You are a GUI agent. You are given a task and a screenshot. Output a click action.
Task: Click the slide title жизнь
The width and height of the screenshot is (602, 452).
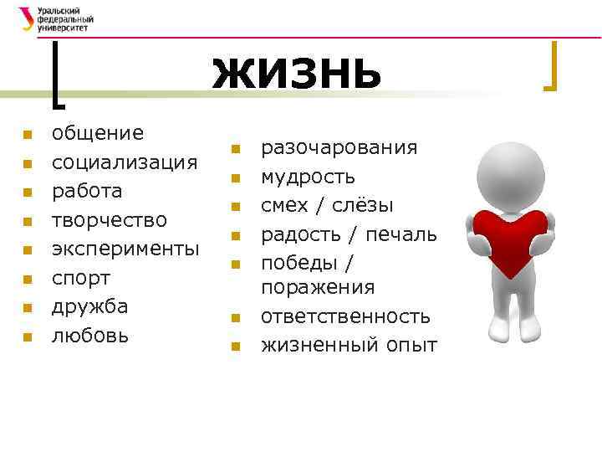click(297, 73)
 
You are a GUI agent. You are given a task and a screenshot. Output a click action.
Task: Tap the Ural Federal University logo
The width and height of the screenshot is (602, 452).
click(55, 18)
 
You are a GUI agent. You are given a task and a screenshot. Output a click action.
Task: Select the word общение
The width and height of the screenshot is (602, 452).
click(98, 133)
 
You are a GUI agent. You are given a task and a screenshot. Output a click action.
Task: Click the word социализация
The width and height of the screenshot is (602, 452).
click(125, 162)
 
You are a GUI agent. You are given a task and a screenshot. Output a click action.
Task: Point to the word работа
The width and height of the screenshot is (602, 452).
click(87, 191)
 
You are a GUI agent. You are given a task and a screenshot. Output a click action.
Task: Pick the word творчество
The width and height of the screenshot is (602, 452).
click(109, 219)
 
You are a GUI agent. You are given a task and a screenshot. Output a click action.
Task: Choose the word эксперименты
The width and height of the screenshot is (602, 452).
click(125, 249)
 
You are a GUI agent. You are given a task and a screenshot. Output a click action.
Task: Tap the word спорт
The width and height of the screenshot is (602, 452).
click(82, 277)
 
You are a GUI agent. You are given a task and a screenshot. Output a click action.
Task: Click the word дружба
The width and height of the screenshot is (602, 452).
click(89, 306)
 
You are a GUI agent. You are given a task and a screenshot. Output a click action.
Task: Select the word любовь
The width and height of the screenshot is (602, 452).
click(90, 335)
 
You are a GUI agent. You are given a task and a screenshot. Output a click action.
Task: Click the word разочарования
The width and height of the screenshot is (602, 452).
click(339, 148)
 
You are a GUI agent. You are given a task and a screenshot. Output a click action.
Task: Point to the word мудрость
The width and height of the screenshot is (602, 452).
click(308, 177)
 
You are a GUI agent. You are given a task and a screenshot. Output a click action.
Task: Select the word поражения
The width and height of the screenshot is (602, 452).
click(318, 287)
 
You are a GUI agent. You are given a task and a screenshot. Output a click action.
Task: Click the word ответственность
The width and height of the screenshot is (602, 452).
click(345, 316)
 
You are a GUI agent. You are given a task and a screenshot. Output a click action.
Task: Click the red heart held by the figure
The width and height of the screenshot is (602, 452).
click(509, 239)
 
